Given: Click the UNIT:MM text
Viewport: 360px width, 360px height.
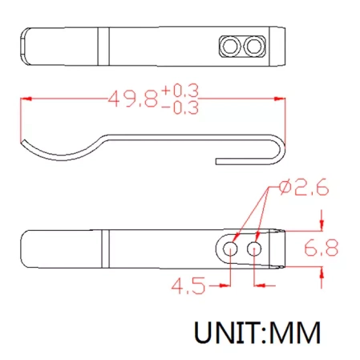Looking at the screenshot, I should (x=256, y=330).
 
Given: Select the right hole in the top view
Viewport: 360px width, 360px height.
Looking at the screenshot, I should (x=255, y=47).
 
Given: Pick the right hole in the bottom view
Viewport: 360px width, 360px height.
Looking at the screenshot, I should (x=255, y=249).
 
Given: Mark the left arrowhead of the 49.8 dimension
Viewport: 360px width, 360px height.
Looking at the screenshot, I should (x=25, y=99).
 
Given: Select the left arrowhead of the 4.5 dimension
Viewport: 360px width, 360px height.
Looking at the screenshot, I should (x=227, y=283).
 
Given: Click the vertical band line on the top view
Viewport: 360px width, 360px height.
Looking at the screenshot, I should (x=103, y=47).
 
